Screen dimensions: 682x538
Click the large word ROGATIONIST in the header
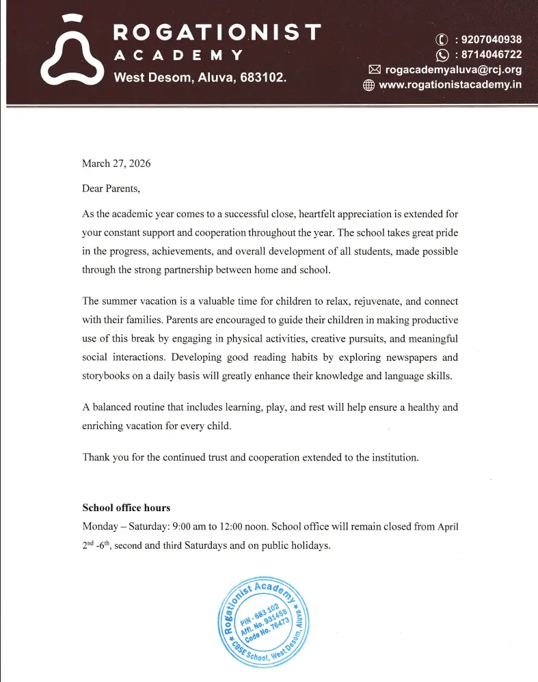217,31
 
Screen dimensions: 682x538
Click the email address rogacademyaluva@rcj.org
453,70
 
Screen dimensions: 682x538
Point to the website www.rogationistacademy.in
450,85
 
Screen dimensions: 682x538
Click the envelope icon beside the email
374,70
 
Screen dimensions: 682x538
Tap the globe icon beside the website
368,85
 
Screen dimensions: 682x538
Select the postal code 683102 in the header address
263,77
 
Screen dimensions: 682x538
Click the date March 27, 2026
116,163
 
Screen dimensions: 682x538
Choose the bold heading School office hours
126,508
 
